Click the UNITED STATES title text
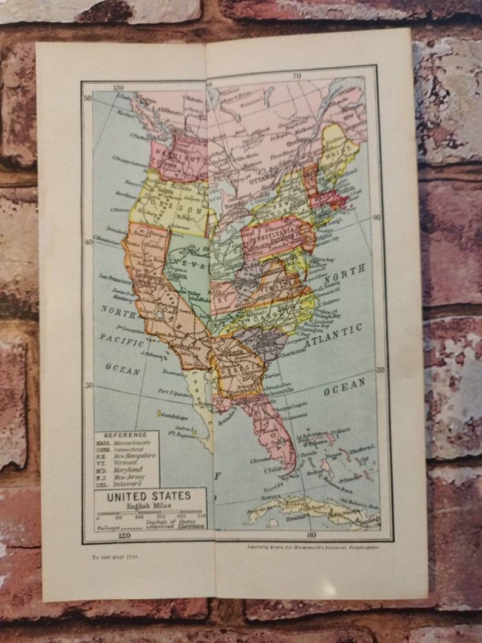point(149,496)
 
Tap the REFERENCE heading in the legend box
point(126,435)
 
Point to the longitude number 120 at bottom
point(124,536)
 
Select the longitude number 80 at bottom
point(311,535)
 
